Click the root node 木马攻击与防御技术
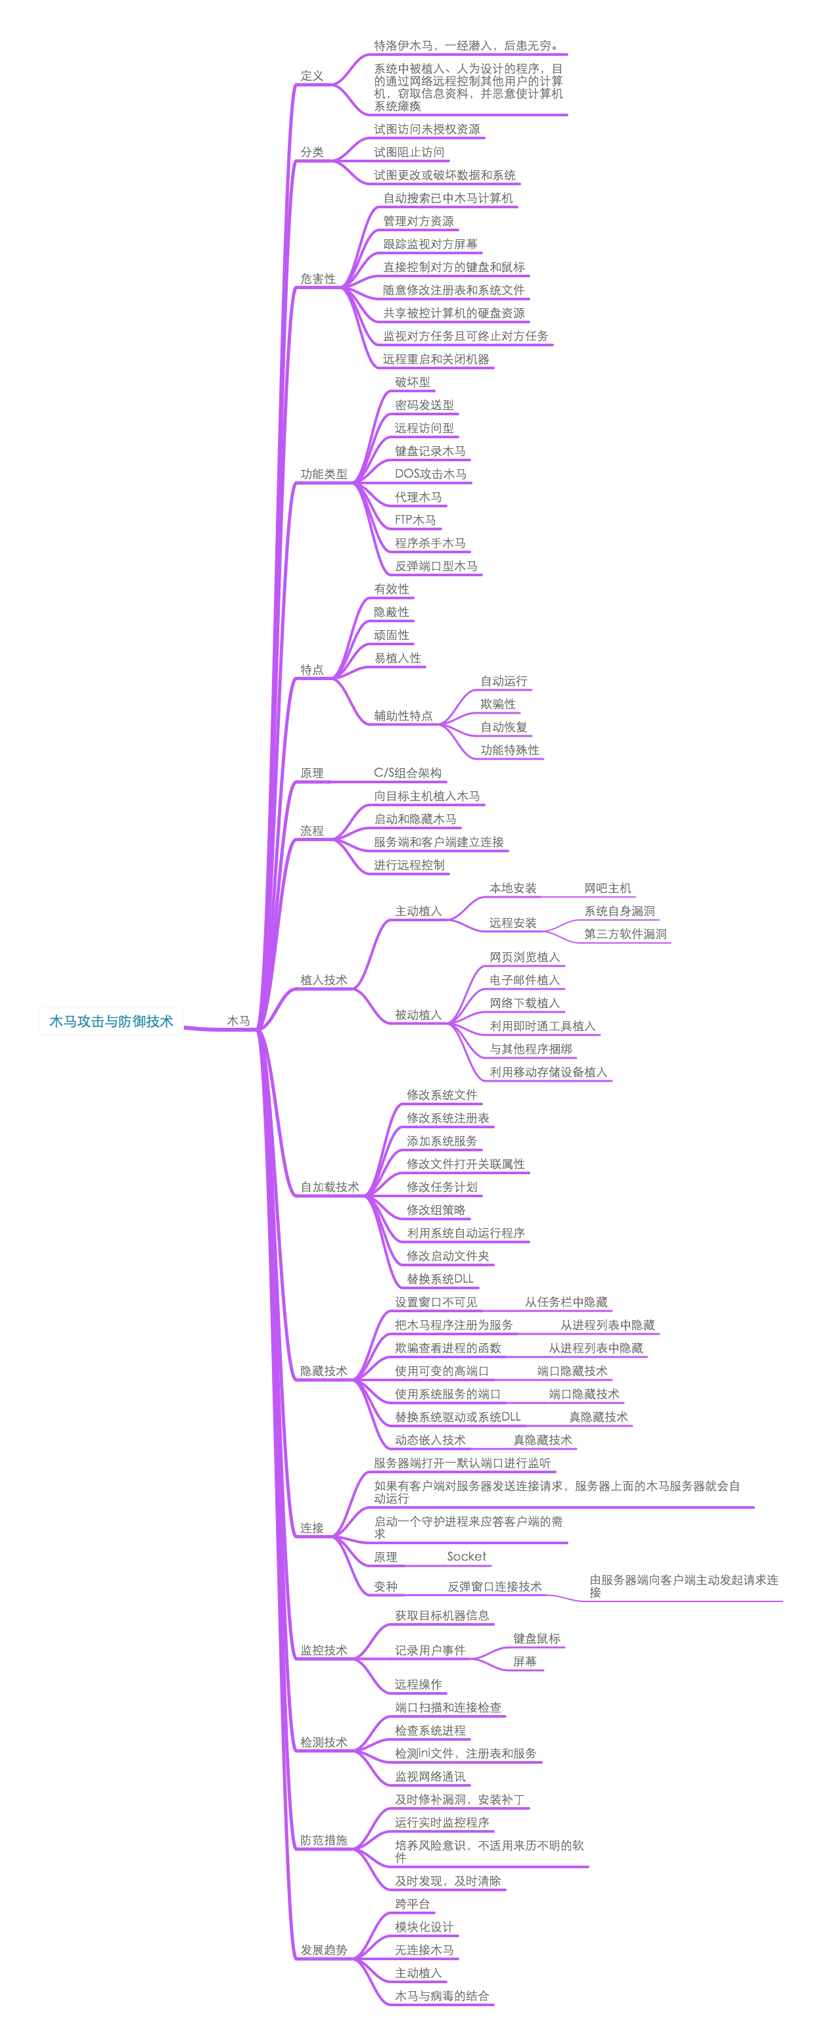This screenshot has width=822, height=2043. (x=111, y=1021)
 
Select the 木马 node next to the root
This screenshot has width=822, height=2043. (x=238, y=1021)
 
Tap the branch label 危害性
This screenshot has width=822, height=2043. (x=317, y=279)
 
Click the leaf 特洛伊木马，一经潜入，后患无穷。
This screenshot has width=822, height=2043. (x=466, y=46)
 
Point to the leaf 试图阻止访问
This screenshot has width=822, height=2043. (x=409, y=152)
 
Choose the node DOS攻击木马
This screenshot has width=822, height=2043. (x=430, y=474)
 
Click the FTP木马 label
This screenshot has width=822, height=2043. (x=415, y=520)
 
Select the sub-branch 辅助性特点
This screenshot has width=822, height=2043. (x=403, y=716)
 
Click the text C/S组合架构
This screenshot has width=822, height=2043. (x=407, y=773)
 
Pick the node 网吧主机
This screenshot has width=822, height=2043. (x=607, y=888)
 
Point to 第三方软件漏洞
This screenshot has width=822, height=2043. (x=625, y=934)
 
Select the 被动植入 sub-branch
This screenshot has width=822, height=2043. (x=418, y=1015)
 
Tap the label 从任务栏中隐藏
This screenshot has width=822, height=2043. (x=565, y=1302)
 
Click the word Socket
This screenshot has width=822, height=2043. (x=466, y=1556)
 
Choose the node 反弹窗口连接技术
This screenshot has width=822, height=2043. (x=494, y=1586)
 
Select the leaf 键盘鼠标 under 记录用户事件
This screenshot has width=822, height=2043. (x=536, y=1638)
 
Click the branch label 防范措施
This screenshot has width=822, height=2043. (x=323, y=1840)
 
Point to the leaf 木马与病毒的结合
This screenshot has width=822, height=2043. (x=442, y=1996)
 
